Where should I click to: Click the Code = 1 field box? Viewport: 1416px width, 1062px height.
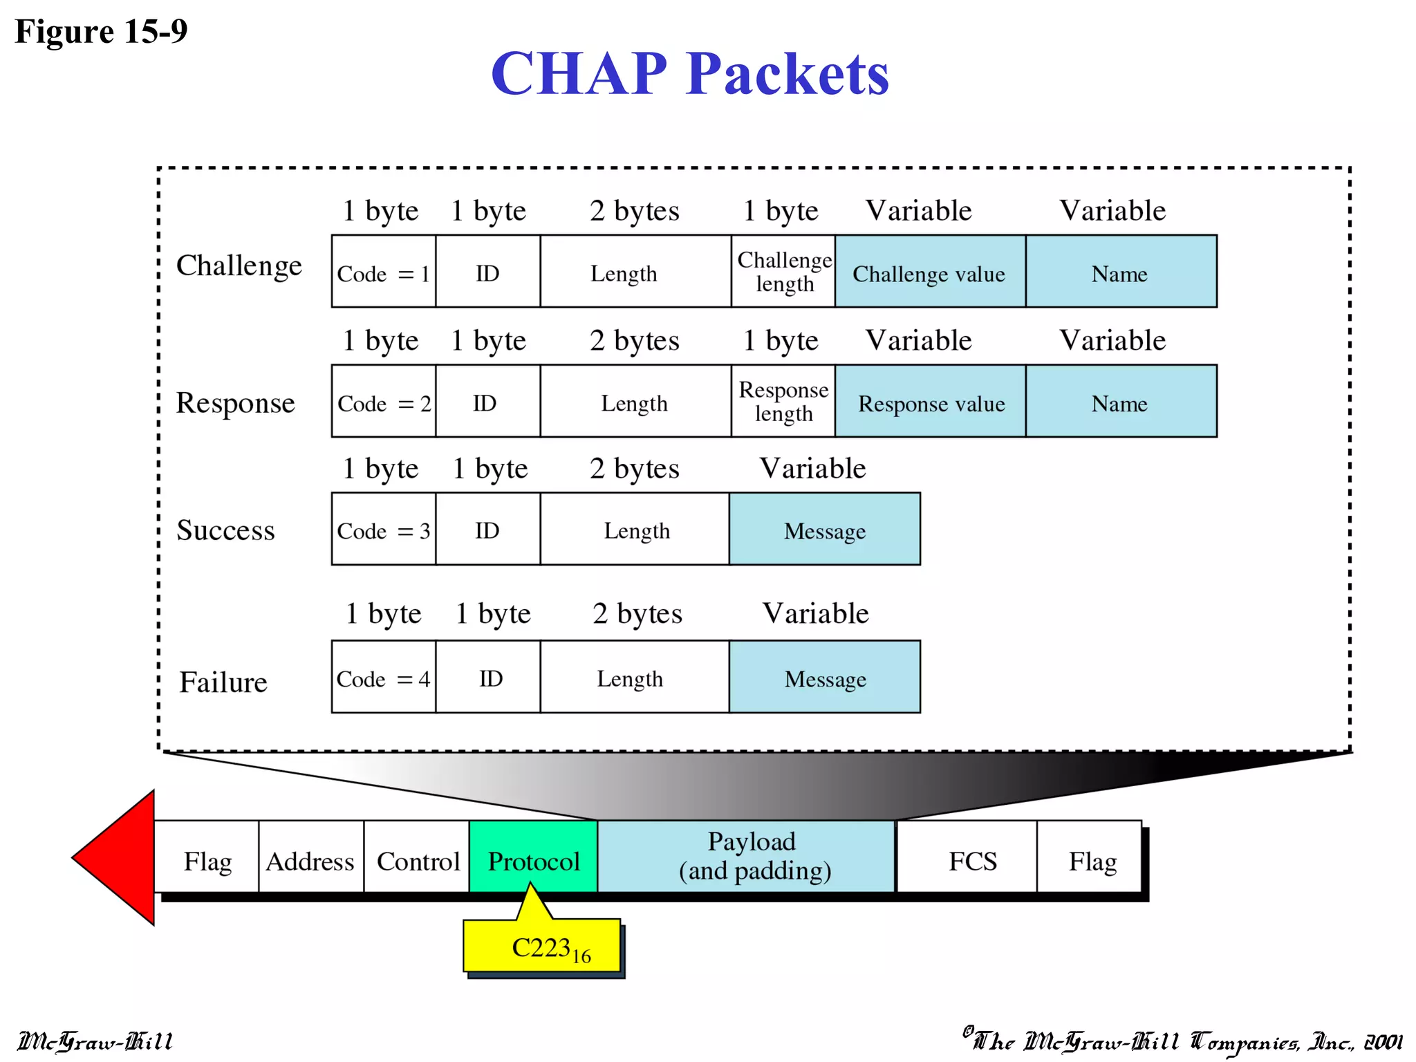click(384, 272)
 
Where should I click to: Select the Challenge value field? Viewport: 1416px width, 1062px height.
click(930, 272)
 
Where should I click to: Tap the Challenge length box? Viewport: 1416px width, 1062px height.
click(783, 272)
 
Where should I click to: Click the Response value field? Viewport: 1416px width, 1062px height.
click(930, 402)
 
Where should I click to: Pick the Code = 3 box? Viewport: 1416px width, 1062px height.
click(384, 530)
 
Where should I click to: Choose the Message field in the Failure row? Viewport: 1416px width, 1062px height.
click(825, 678)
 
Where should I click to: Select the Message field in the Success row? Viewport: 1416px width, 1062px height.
click(825, 530)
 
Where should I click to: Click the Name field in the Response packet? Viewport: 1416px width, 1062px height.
click(1121, 402)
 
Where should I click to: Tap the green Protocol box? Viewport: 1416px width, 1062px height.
click(533, 857)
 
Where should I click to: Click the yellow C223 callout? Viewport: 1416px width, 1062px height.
click(543, 947)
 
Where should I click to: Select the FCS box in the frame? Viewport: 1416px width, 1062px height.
click(972, 858)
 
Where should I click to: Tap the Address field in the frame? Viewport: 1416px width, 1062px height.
click(310, 858)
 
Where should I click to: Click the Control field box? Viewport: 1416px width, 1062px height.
click(417, 858)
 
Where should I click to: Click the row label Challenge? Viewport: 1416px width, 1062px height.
click(239, 265)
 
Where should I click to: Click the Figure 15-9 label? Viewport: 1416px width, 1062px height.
click(101, 32)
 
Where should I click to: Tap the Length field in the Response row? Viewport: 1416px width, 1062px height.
click(635, 402)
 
